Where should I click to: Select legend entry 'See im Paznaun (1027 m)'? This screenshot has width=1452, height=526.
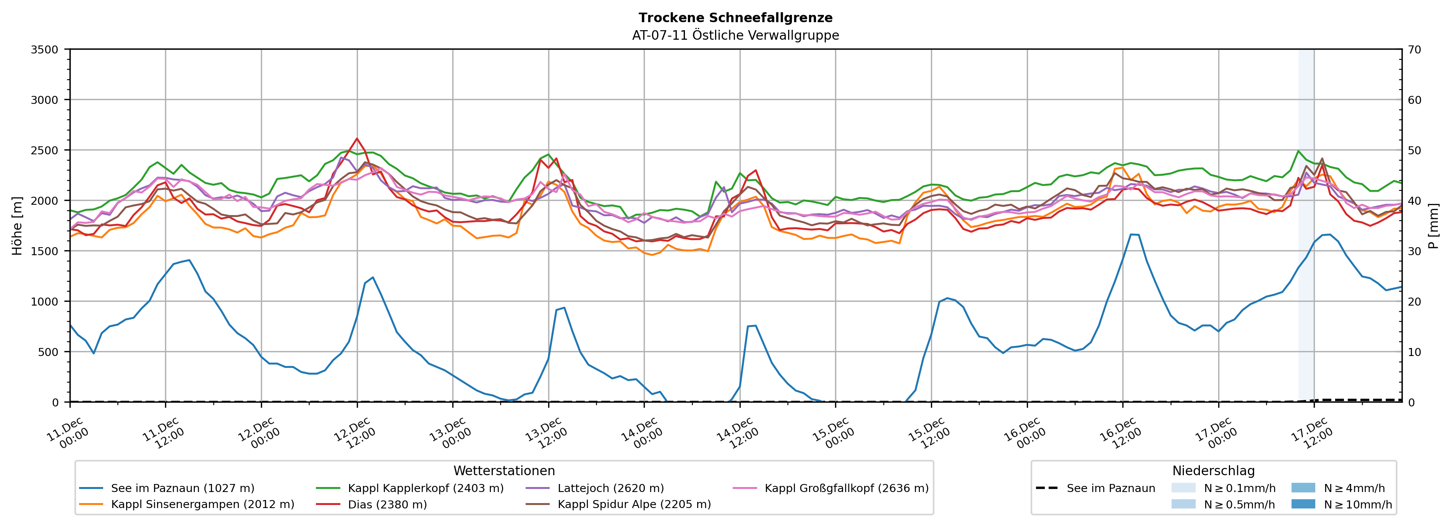click(x=182, y=488)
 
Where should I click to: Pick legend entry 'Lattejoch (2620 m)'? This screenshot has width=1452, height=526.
click(x=610, y=488)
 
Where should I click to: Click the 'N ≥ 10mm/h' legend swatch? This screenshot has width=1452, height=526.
click(x=1303, y=504)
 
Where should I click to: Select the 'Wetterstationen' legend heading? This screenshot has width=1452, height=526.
click(x=504, y=471)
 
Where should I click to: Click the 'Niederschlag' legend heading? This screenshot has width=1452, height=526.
click(x=1213, y=471)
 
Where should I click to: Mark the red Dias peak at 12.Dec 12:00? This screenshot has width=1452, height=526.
click(x=357, y=138)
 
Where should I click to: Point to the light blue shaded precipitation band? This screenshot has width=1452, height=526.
click(x=1306, y=225)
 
